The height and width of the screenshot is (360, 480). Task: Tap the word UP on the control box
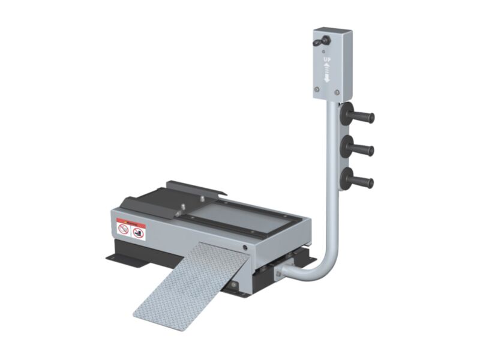click(x=327, y=60)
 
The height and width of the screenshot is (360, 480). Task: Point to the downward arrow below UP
click(x=327, y=77)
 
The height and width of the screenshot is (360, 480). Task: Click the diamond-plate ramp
click(x=189, y=282)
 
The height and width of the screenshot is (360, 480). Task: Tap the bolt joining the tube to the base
click(x=278, y=273)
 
